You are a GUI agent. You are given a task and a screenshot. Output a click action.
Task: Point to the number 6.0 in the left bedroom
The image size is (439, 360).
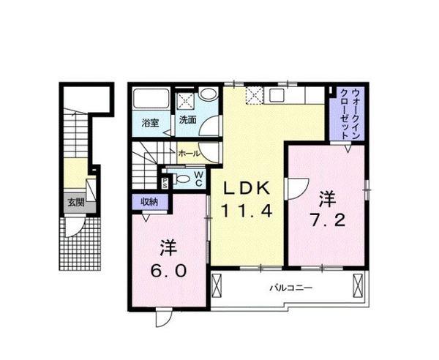[168, 269]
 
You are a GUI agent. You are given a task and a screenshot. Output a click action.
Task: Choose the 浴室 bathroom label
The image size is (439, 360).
[150, 121]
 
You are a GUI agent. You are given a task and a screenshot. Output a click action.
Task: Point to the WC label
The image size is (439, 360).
[198, 179]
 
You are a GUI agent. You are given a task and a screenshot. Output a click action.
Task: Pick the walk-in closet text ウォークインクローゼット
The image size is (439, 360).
[350, 113]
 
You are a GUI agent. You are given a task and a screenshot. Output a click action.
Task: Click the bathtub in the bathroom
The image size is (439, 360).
[151, 100]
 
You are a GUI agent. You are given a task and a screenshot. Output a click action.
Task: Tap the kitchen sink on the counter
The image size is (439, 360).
[279, 94]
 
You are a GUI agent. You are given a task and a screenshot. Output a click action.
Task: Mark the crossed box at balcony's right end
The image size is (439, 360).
[357, 284]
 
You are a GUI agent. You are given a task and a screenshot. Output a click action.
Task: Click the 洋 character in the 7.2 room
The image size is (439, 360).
[326, 198]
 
